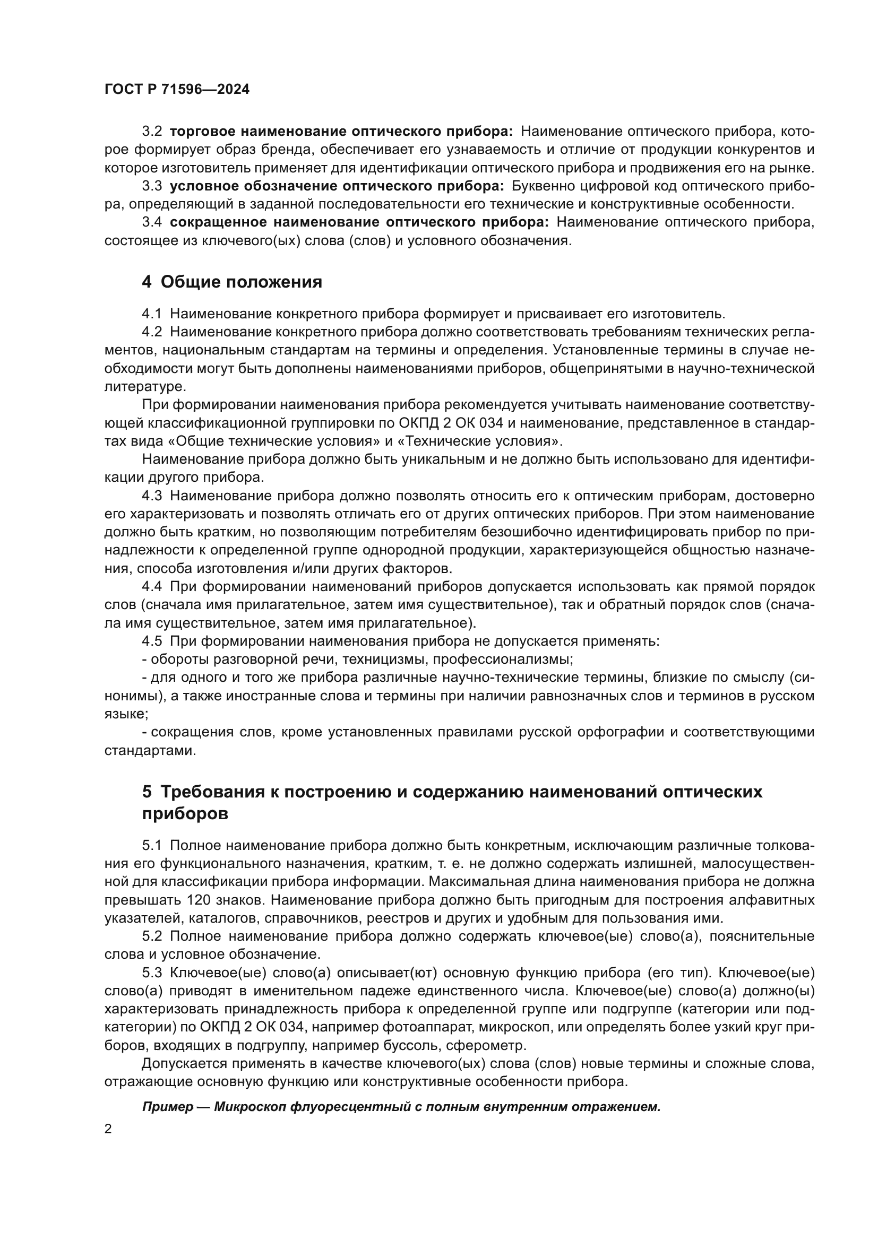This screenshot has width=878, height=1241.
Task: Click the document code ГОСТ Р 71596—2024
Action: (177, 90)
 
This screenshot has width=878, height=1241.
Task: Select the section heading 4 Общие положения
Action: (232, 282)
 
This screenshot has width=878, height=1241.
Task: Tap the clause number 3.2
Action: (152, 132)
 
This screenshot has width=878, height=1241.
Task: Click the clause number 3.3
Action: (152, 186)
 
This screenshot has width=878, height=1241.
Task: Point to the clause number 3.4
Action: (152, 222)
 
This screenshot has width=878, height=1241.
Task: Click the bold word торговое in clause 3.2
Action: (202, 132)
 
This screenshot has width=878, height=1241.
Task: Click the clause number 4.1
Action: (152, 314)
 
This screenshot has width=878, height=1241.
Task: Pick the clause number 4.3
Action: (152, 496)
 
